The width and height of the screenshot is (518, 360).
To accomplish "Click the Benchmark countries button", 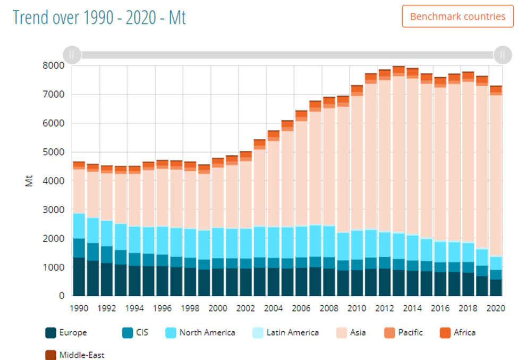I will point(457,16).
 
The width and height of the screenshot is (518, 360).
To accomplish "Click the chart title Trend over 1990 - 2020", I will point(99,17).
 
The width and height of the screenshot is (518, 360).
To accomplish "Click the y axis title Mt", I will point(29,180).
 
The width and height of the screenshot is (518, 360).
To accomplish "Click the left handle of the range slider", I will point(72,54).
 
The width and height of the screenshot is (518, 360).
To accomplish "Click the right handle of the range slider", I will point(502,54).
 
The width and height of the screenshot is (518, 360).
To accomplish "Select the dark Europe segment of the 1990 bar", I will point(79,277).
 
